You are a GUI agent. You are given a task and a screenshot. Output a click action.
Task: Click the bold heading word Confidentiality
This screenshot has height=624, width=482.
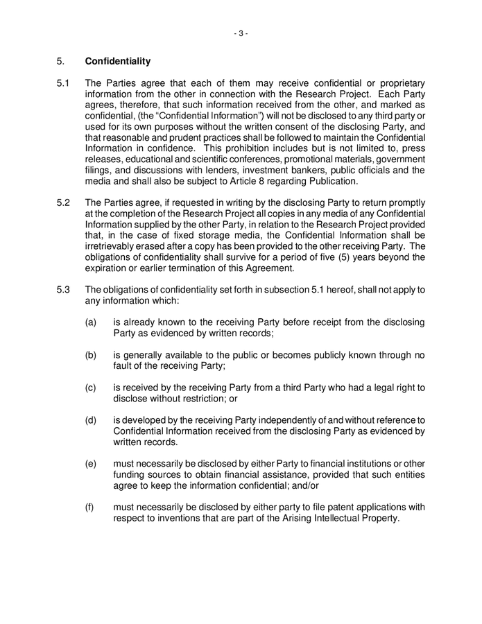[118, 61]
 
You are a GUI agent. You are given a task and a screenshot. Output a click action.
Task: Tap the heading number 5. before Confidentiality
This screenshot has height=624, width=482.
[60, 61]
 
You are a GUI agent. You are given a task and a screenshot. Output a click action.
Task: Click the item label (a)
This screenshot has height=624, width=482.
[91, 322]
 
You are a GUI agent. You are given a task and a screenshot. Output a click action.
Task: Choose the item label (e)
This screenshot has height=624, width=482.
[91, 463]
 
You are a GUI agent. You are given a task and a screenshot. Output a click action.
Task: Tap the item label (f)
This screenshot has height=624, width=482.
[90, 507]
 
